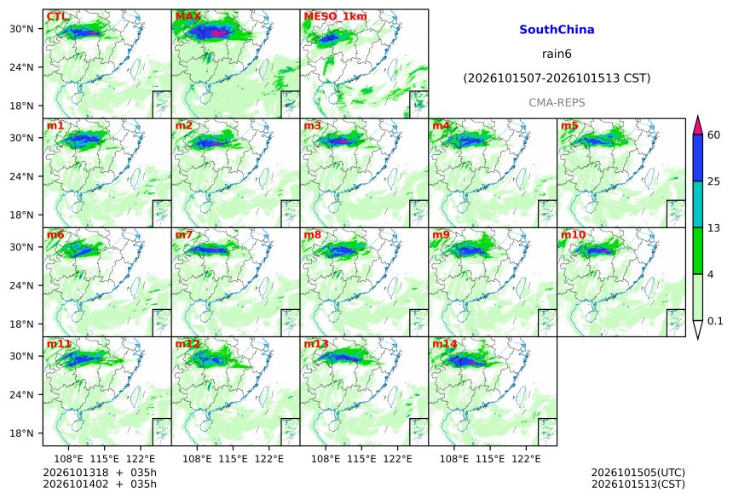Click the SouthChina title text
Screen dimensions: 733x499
[x=557, y=30]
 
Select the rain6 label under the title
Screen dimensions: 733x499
[x=557, y=54]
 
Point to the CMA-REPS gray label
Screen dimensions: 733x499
[x=557, y=103]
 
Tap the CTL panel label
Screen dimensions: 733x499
[x=57, y=16]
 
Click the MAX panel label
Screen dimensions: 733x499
[x=188, y=16]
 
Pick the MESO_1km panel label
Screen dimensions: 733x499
[x=335, y=16]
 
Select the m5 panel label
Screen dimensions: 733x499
[x=569, y=126]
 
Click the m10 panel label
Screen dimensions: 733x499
[x=573, y=234]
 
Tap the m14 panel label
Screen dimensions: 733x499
[x=445, y=344]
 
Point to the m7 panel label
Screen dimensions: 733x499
[x=184, y=234]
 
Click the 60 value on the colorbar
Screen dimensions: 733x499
[x=714, y=135]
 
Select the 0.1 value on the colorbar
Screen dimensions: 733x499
[x=715, y=320]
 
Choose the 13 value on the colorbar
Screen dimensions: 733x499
[x=714, y=228]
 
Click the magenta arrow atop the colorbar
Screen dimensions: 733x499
[x=698, y=125]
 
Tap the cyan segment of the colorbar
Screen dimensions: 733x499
[x=698, y=204]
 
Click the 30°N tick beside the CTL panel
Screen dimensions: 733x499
[x=21, y=29]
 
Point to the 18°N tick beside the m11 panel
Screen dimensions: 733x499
[x=21, y=433]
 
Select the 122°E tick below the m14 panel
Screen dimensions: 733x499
[x=526, y=459]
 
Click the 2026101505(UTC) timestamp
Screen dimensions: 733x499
[x=638, y=473]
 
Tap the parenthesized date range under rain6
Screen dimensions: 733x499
[x=557, y=78]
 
